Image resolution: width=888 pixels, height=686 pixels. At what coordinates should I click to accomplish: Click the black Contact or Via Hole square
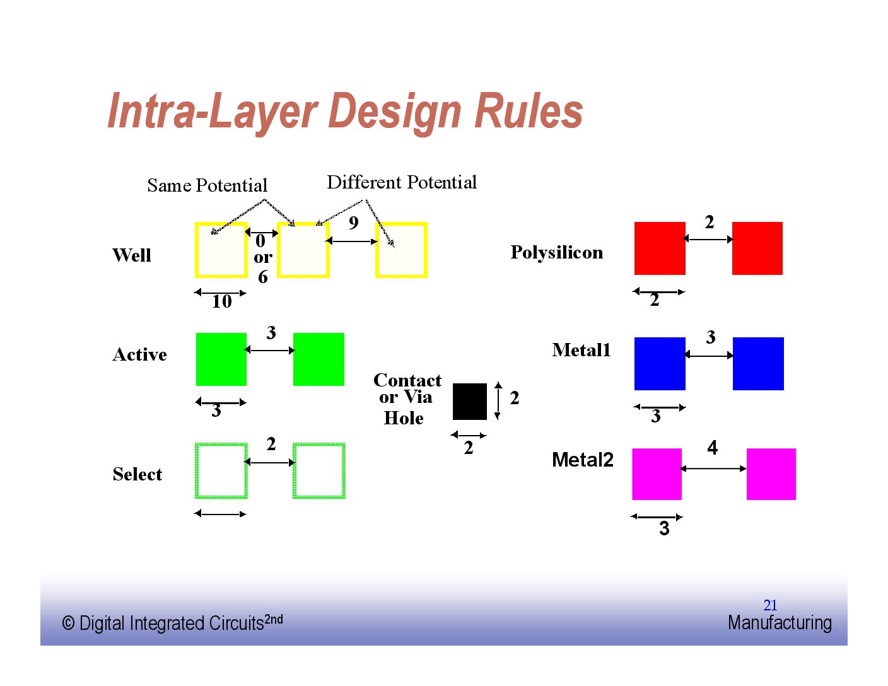point(469,402)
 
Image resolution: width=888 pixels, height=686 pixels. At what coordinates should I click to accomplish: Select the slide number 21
point(770,605)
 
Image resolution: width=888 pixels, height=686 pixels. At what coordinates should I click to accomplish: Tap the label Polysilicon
point(556,252)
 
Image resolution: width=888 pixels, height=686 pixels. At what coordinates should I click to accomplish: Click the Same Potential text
point(207,185)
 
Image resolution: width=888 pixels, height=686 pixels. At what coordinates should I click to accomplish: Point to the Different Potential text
point(402,182)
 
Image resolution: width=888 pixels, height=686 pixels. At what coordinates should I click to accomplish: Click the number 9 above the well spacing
point(353,223)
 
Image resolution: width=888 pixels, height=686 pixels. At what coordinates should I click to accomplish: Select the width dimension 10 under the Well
point(221,301)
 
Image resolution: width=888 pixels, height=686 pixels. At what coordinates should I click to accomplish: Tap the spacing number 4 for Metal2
point(712,448)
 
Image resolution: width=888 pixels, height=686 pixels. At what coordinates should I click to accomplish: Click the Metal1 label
point(581,350)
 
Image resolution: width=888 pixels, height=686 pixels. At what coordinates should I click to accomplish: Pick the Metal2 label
point(582,460)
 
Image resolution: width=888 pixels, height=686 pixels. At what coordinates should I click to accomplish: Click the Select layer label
point(137,474)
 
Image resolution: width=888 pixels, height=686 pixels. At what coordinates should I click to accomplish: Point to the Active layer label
point(139,354)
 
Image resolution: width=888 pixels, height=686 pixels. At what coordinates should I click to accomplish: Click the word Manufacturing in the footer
point(780,623)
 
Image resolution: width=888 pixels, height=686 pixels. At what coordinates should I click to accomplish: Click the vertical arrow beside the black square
point(498,401)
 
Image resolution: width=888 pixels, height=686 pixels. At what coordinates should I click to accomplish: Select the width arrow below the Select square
point(220,513)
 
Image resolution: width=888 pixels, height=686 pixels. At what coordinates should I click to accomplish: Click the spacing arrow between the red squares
point(708,239)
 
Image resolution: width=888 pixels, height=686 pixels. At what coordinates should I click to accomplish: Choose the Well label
point(131,255)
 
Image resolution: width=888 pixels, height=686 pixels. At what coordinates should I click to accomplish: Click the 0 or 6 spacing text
point(262,258)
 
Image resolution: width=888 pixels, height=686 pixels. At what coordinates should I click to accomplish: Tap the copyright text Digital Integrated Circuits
point(172,623)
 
